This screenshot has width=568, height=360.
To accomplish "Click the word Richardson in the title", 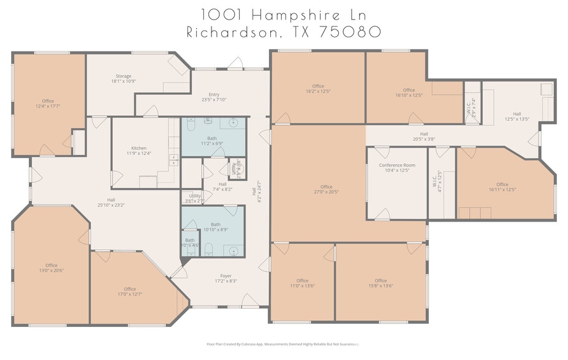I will coord(231,32).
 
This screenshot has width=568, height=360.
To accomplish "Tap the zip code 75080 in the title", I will coord(349,32).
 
